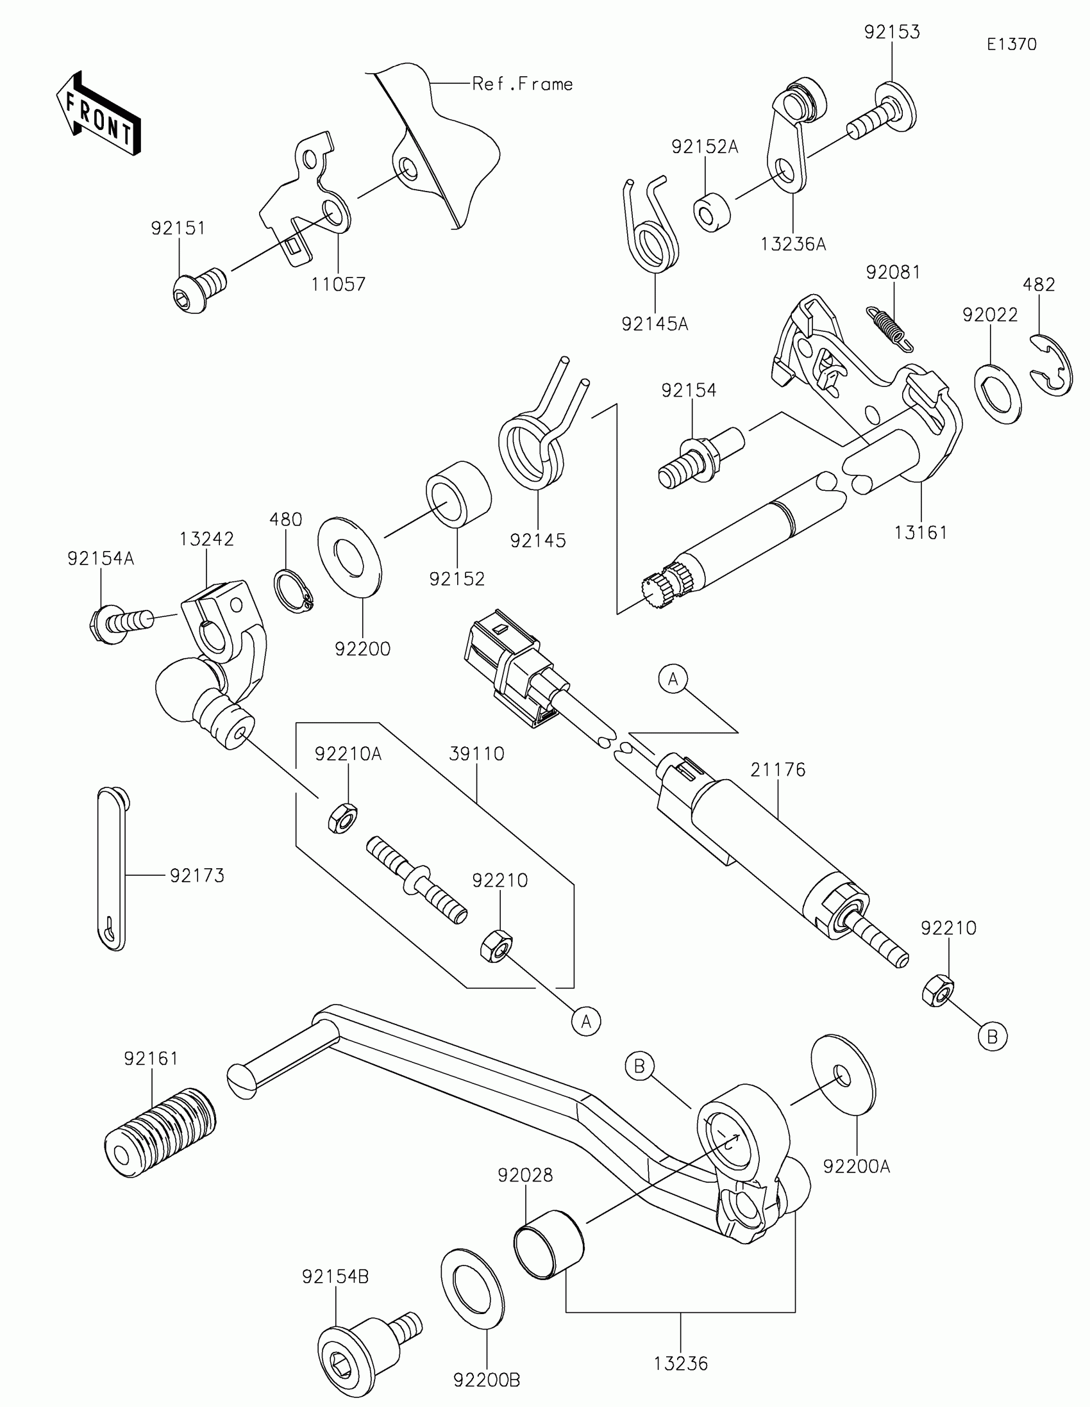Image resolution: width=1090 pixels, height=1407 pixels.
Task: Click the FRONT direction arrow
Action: click(x=99, y=113)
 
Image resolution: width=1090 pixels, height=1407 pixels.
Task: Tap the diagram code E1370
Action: click(x=1011, y=44)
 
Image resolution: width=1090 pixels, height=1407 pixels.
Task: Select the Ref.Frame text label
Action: click(x=522, y=84)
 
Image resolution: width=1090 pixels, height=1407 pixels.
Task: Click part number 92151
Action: click(x=178, y=228)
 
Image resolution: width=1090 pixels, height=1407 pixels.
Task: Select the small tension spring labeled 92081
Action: click(x=890, y=328)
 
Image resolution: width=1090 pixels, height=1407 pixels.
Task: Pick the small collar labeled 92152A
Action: click(x=712, y=211)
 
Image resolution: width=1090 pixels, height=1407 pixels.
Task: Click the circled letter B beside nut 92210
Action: click(x=992, y=1037)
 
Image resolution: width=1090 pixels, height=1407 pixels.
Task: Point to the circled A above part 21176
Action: click(x=674, y=679)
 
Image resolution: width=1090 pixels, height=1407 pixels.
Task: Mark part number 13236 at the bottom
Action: click(x=681, y=1363)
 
